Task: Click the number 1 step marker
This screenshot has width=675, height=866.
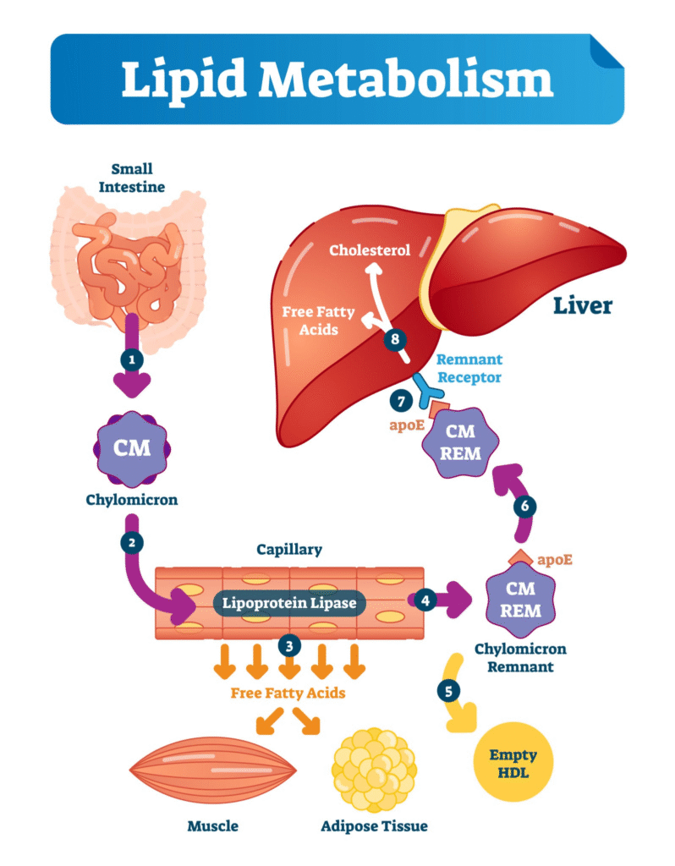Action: coord(131,359)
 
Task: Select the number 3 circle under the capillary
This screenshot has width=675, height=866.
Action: coord(289,645)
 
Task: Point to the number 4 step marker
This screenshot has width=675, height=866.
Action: coord(426,600)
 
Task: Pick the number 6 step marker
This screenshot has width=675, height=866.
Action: coord(524,506)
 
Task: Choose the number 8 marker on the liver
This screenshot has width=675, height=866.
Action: coord(395,340)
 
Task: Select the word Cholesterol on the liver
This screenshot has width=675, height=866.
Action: coord(370,249)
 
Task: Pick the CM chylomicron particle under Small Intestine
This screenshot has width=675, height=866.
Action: coord(132,447)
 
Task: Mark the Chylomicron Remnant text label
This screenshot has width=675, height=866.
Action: coord(521,657)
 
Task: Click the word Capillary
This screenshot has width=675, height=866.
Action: coord(289,550)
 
